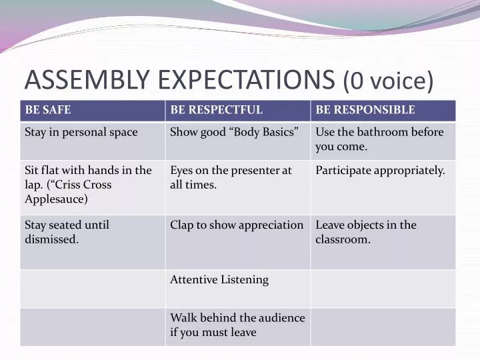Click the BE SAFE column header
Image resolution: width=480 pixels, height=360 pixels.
point(48,110)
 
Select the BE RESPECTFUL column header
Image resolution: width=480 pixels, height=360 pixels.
point(217,110)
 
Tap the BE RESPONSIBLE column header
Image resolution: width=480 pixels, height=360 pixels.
point(365,110)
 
